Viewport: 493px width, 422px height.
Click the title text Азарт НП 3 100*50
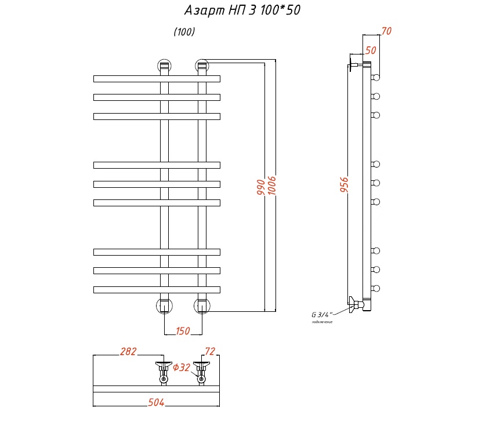[x=242, y=10]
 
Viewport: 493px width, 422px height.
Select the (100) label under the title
[x=184, y=32]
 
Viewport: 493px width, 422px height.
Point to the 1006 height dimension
[x=271, y=185]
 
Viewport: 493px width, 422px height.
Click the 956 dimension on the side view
[x=344, y=185]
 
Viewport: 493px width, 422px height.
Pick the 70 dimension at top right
[x=387, y=31]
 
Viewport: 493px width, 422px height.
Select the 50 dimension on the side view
[x=371, y=50]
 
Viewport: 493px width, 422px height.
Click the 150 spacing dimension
[x=183, y=331]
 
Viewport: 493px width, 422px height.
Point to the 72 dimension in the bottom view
[x=209, y=351]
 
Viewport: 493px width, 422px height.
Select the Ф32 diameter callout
[x=182, y=367]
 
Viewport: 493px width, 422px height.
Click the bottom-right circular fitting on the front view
[x=202, y=305]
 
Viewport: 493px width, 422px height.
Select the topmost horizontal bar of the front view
[x=157, y=78]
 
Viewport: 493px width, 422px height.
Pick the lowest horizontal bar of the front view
[x=157, y=289]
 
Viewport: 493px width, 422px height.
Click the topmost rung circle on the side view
[x=376, y=77]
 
